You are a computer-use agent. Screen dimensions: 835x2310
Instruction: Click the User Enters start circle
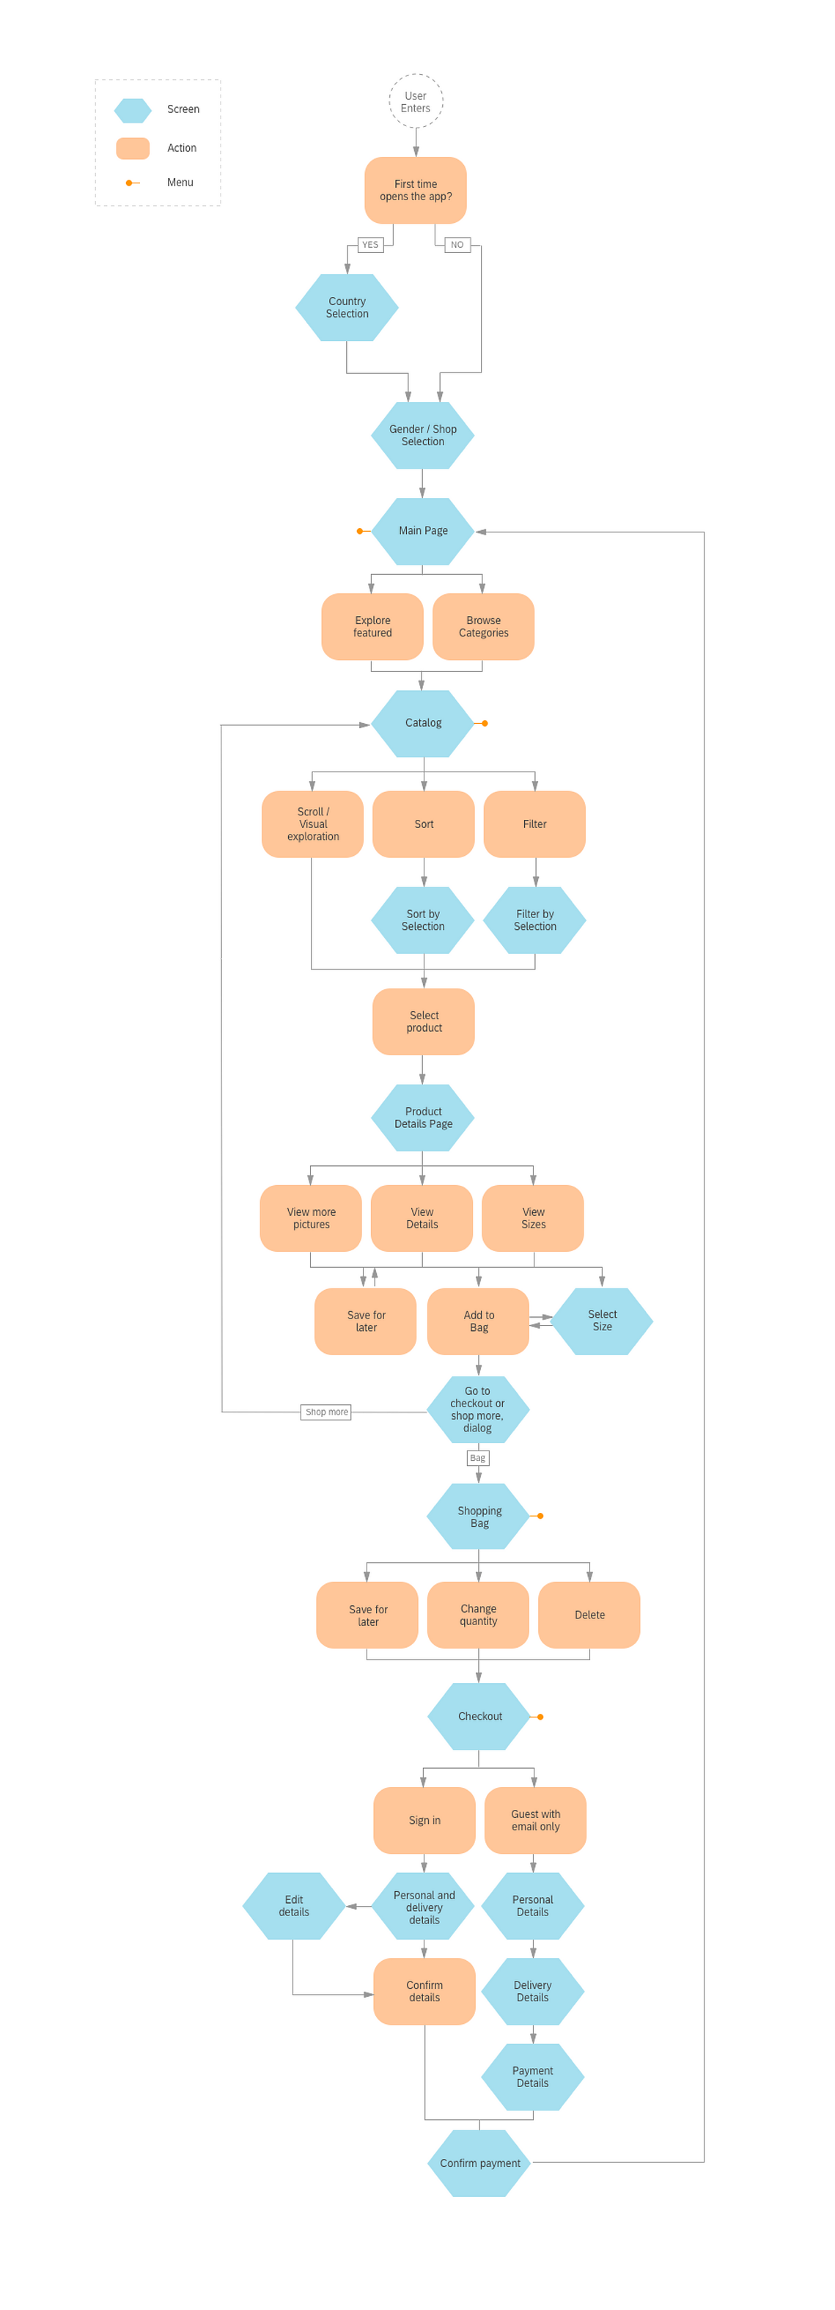tap(415, 101)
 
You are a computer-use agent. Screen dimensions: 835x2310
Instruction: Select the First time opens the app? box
tap(415, 190)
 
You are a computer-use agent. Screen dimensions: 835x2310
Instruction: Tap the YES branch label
tap(369, 245)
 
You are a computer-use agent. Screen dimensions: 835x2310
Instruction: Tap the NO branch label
tap(457, 245)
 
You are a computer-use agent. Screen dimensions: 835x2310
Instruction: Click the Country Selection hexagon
tap(347, 307)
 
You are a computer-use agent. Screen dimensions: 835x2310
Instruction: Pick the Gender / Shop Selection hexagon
tap(422, 435)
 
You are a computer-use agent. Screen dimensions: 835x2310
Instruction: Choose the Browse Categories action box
tap(483, 627)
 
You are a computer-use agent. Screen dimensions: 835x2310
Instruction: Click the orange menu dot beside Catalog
tap(485, 723)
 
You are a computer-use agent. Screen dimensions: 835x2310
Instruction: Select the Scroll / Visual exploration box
tap(312, 824)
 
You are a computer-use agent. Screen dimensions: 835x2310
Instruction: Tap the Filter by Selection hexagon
tap(534, 920)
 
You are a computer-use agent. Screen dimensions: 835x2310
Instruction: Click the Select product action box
tap(423, 1022)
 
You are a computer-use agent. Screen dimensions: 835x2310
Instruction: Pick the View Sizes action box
tap(533, 1218)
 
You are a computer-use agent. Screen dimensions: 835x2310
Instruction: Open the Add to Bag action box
tap(478, 1321)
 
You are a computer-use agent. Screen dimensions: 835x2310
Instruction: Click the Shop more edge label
tap(326, 1412)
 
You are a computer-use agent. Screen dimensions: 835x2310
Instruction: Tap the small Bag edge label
tap(478, 1457)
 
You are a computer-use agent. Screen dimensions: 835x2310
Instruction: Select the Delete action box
tap(589, 1614)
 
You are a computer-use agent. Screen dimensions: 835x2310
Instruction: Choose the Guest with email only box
tap(535, 1819)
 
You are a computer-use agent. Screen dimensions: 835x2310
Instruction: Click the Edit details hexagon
tap(293, 1906)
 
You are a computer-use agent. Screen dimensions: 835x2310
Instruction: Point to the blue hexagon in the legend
tap(133, 110)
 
